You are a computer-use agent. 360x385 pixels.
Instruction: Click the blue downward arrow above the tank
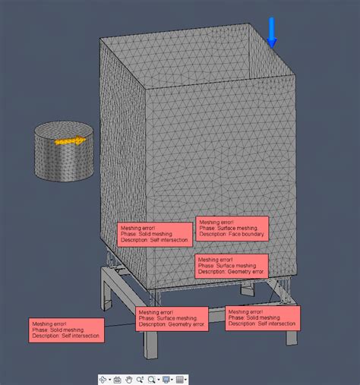pyautogui.click(x=273, y=33)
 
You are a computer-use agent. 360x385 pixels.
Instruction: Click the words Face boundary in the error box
pyautogui.click(x=245, y=235)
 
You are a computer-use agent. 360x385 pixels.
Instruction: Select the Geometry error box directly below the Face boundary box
pyautogui.click(x=232, y=265)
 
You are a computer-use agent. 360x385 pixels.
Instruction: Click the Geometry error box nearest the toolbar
pyautogui.click(x=172, y=318)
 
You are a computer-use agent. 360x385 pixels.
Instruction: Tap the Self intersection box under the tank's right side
pyautogui.click(x=262, y=317)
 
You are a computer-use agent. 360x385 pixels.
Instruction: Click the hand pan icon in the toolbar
pyautogui.click(x=129, y=378)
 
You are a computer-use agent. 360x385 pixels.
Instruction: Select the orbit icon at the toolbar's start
pyautogui.click(x=103, y=378)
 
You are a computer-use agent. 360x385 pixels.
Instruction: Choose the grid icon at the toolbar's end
pyautogui.click(x=181, y=378)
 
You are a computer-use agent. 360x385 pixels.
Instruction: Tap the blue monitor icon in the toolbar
pyautogui.click(x=165, y=378)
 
